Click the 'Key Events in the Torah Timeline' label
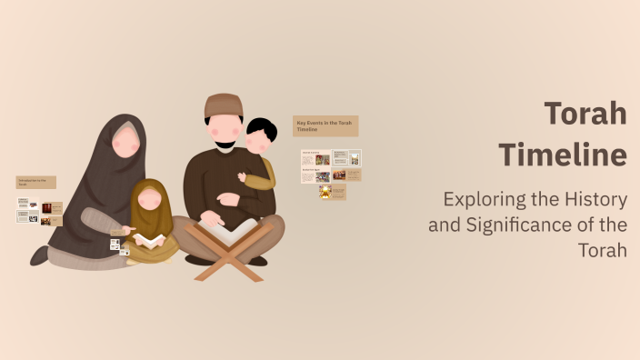(325, 125)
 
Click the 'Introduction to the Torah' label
(35, 182)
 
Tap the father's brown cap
(223, 105)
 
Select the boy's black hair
(261, 129)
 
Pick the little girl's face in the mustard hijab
(151, 197)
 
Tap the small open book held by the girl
(150, 240)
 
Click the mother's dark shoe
(39, 255)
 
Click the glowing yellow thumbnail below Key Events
(325, 192)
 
